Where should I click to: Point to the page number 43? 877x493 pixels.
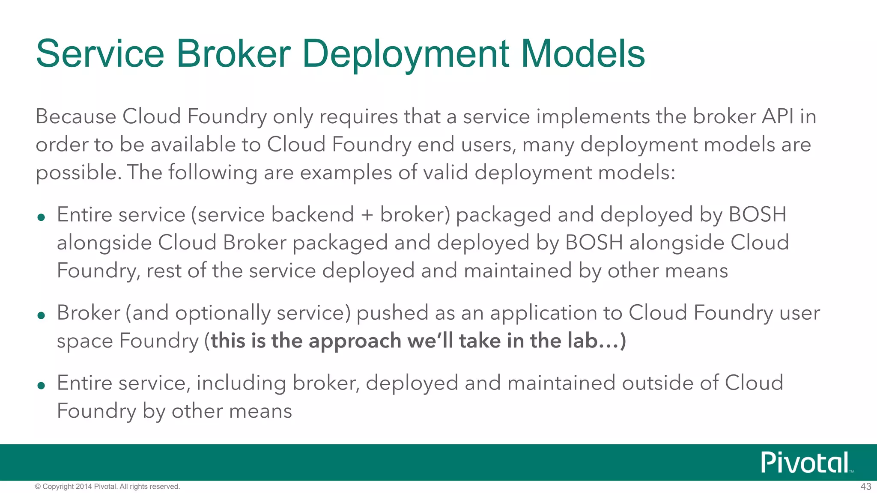pyautogui.click(x=865, y=487)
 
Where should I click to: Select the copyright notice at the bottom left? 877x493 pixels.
pyautogui.click(x=107, y=487)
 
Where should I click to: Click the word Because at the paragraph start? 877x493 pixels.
pyautogui.click(x=76, y=116)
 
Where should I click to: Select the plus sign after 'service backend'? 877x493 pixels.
pyautogui.click(x=367, y=215)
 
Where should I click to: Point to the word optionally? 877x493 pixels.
pyautogui.click(x=223, y=313)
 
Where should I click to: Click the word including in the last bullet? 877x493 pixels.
pyautogui.click(x=241, y=383)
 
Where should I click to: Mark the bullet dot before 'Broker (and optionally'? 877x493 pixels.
pyautogui.click(x=41, y=316)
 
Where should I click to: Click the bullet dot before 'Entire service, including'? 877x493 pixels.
pyautogui.click(x=41, y=386)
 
